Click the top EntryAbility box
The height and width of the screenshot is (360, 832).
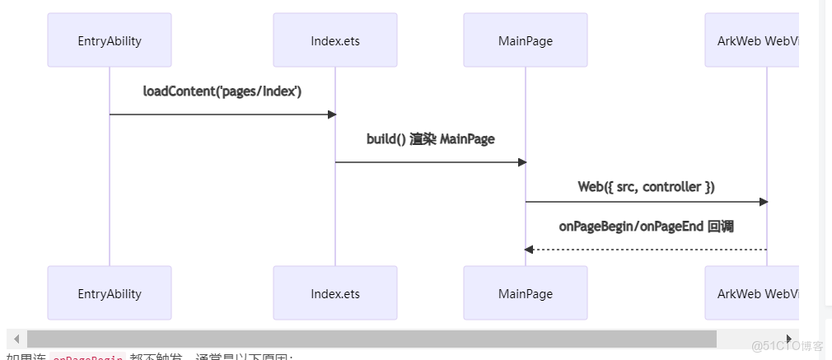(x=110, y=40)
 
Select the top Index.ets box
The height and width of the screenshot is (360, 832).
(x=335, y=40)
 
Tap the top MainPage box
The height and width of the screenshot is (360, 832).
(x=526, y=40)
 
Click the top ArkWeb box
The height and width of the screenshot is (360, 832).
(x=752, y=40)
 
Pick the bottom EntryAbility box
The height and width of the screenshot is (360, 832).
(x=110, y=293)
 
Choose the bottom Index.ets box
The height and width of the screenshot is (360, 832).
(x=335, y=293)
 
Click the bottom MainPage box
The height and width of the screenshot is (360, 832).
(x=526, y=293)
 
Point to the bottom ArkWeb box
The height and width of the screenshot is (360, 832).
(x=752, y=293)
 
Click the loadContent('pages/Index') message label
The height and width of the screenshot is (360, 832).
(x=222, y=91)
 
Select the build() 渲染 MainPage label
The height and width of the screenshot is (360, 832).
(x=431, y=139)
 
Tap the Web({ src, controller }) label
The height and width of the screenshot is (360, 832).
(x=647, y=187)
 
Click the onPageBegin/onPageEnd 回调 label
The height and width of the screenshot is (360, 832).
(x=647, y=227)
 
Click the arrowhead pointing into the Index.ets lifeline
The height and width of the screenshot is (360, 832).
(x=331, y=115)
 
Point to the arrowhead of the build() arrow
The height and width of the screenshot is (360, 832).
(x=521, y=162)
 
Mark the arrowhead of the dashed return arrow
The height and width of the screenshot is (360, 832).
(x=529, y=250)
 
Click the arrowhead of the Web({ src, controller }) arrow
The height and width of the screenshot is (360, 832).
(x=763, y=202)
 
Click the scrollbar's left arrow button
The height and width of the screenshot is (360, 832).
(x=16, y=339)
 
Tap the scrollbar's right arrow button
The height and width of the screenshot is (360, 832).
(x=789, y=339)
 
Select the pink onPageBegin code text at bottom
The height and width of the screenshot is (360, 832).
(x=87, y=358)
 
